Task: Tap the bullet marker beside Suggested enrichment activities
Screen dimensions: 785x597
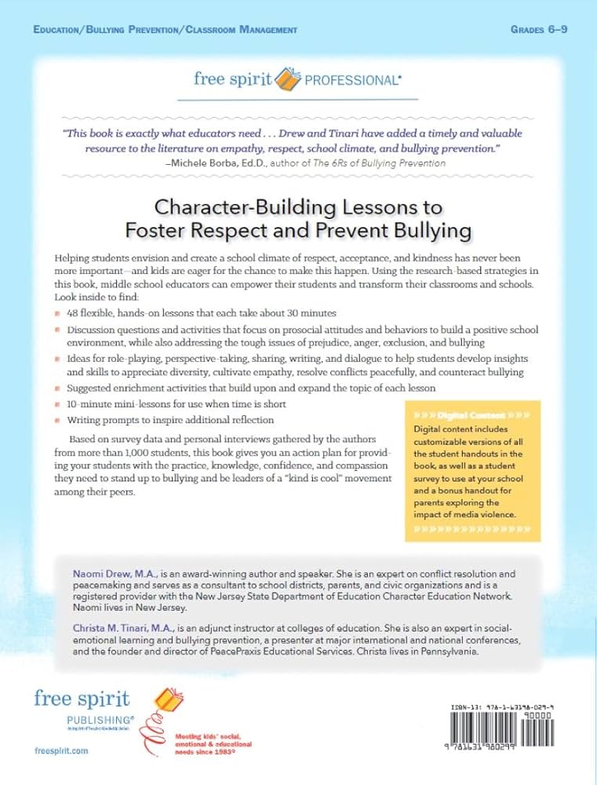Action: pos(58,389)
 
